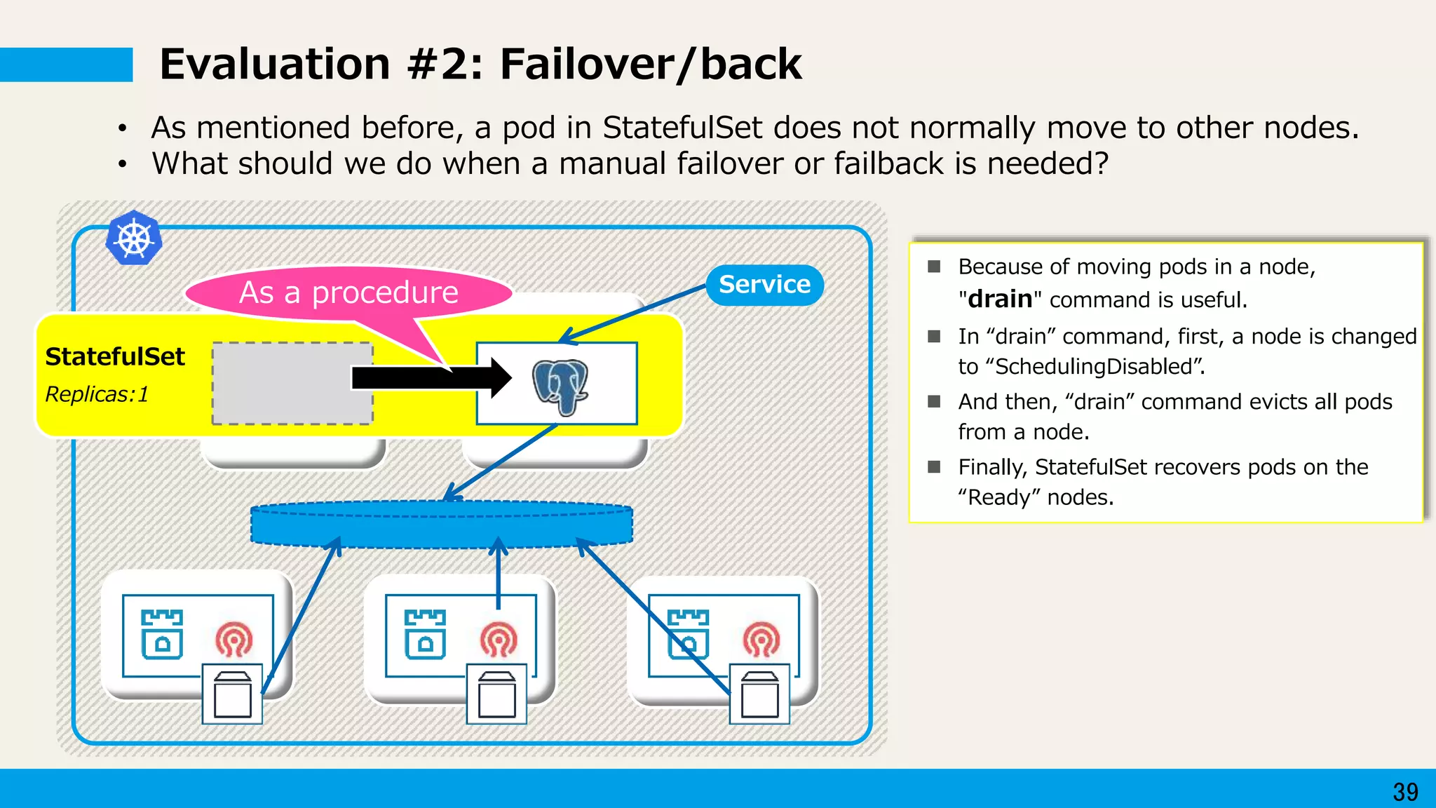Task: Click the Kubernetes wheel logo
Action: [x=134, y=238]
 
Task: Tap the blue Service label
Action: [x=764, y=285]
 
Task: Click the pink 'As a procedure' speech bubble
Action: [x=348, y=292]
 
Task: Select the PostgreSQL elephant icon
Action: [x=560, y=386]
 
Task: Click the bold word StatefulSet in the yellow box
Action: [x=115, y=357]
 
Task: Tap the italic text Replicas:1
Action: [x=97, y=394]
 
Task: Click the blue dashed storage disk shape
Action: [x=442, y=525]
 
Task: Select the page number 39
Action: [x=1405, y=792]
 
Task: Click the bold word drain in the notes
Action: [x=1000, y=299]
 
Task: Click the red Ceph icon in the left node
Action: [x=234, y=639]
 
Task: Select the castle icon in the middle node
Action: [x=426, y=635]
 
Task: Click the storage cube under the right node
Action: [x=760, y=694]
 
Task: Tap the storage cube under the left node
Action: [x=233, y=694]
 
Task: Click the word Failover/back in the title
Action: [x=650, y=65]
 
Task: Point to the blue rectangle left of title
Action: [x=66, y=65]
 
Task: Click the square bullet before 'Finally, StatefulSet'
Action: [x=934, y=467]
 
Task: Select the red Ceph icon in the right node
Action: [x=761, y=639]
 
